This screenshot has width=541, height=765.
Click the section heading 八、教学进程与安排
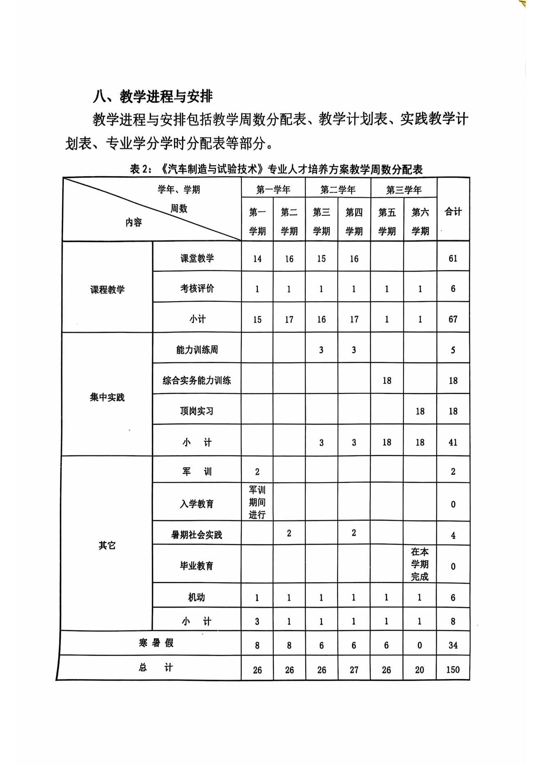153,96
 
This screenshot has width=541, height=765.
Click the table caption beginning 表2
276,169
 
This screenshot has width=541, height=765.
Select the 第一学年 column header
273,190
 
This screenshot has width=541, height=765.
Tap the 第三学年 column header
403,190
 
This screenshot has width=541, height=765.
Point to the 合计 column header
453,211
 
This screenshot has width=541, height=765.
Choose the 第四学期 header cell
354,221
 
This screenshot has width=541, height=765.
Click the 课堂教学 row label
197,258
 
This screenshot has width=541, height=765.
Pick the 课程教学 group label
107,289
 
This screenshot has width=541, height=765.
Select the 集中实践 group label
107,397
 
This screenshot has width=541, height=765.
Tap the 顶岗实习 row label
197,411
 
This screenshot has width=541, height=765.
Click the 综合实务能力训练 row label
197,380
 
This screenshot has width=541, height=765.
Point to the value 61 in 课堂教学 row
453,258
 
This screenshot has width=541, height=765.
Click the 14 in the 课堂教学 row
257,259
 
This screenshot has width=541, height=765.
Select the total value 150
453,670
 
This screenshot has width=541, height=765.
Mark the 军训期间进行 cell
257,502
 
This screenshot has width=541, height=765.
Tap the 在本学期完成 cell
420,564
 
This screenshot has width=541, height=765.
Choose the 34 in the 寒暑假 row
453,646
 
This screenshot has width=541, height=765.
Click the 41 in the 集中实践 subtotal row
453,442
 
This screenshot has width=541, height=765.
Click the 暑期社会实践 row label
197,535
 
